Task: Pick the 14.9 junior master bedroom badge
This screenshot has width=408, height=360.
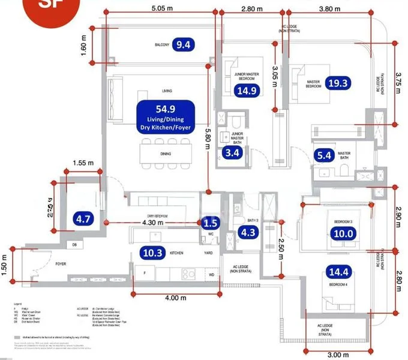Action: click(x=247, y=91)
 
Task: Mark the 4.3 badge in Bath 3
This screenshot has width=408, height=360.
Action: click(x=248, y=233)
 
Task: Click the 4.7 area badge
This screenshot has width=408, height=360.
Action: click(x=81, y=218)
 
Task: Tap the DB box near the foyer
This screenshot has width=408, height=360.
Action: click(x=74, y=245)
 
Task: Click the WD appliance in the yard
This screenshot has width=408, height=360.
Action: click(x=211, y=275)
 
